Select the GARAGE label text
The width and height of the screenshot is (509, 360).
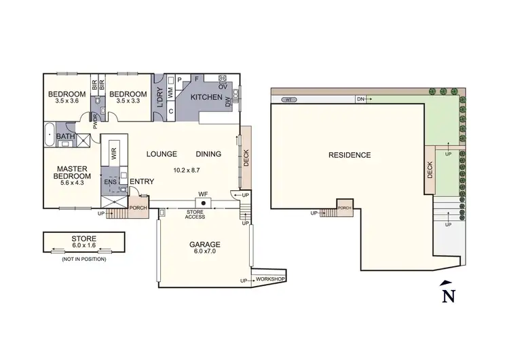pos(204,245)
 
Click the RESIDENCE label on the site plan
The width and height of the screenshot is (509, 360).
pos(350,155)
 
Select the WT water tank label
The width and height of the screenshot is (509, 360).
pos(288,100)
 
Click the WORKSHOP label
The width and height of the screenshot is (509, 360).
pos(271,279)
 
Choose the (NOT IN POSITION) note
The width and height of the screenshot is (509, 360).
pos(84,260)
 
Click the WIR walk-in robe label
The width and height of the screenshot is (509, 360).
pos(113,153)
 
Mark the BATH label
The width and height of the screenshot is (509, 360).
pos(66,137)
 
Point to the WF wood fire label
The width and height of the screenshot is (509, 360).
pos(202,194)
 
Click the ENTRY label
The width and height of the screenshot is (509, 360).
pos(140,181)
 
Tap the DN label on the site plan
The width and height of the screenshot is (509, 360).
pos(360,100)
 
